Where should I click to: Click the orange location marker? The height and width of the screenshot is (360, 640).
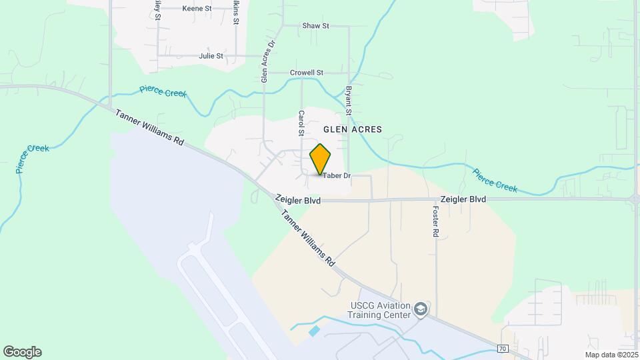pos(321,159)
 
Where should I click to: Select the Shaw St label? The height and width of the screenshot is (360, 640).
pos(316,26)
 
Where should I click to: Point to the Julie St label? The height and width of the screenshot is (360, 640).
pos(211,56)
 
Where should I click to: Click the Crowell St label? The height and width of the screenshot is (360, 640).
pos(307,73)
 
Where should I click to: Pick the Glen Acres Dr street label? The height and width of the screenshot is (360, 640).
pos(267,61)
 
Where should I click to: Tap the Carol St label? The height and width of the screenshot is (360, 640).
pos(301,123)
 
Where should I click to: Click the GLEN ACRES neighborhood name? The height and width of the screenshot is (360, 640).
pos(353,129)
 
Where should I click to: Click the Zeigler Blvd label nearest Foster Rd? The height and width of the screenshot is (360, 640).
pos(463,199)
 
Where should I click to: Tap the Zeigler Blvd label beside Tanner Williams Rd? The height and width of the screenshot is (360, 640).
pos(298,200)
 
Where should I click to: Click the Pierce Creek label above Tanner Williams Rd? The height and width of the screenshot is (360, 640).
pos(163,92)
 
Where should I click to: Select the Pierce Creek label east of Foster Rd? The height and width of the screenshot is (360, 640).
pos(495,180)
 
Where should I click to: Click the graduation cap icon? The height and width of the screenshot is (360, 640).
pos(420,309)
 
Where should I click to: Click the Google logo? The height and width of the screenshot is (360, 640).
pos(22,352)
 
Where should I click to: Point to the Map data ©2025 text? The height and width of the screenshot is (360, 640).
pos(611,355)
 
